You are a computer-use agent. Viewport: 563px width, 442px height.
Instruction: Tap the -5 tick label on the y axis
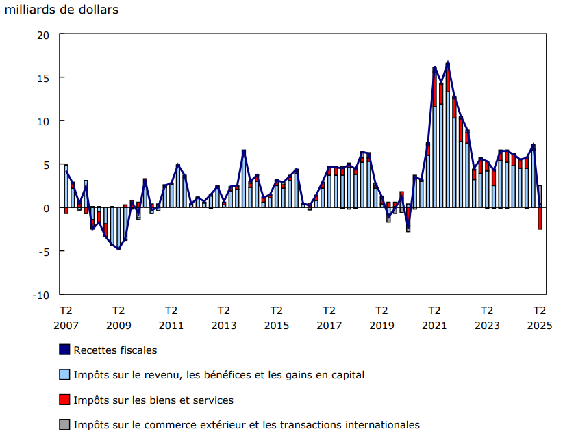[x=42, y=251]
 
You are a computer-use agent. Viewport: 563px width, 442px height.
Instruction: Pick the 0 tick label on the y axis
[x=45, y=208]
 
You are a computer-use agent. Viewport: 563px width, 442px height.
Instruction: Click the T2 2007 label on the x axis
[x=66, y=317]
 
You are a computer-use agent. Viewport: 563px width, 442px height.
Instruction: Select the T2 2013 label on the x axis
[x=223, y=317]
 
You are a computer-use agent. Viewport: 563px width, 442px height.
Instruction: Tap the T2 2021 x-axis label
[x=434, y=317]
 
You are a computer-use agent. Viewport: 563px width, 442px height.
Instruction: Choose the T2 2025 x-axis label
[x=540, y=317]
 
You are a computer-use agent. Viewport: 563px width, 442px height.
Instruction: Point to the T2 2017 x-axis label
[x=329, y=317]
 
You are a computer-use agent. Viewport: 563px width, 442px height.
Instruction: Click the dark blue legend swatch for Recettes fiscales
[x=64, y=350]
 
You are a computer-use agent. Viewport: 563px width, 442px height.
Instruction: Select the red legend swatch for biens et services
[x=64, y=400]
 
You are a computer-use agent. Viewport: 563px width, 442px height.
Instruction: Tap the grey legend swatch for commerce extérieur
[x=64, y=425]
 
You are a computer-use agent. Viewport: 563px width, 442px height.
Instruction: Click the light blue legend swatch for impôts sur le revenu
[x=64, y=375]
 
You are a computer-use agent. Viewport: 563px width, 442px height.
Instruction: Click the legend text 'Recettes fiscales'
[x=115, y=350]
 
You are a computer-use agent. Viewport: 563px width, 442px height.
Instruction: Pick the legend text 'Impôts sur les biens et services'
[x=153, y=400]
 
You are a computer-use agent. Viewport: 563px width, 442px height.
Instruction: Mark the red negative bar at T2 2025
[x=540, y=218]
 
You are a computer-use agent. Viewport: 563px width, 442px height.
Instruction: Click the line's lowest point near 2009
[x=118, y=249]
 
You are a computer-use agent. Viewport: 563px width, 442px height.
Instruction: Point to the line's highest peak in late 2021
[x=448, y=64]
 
